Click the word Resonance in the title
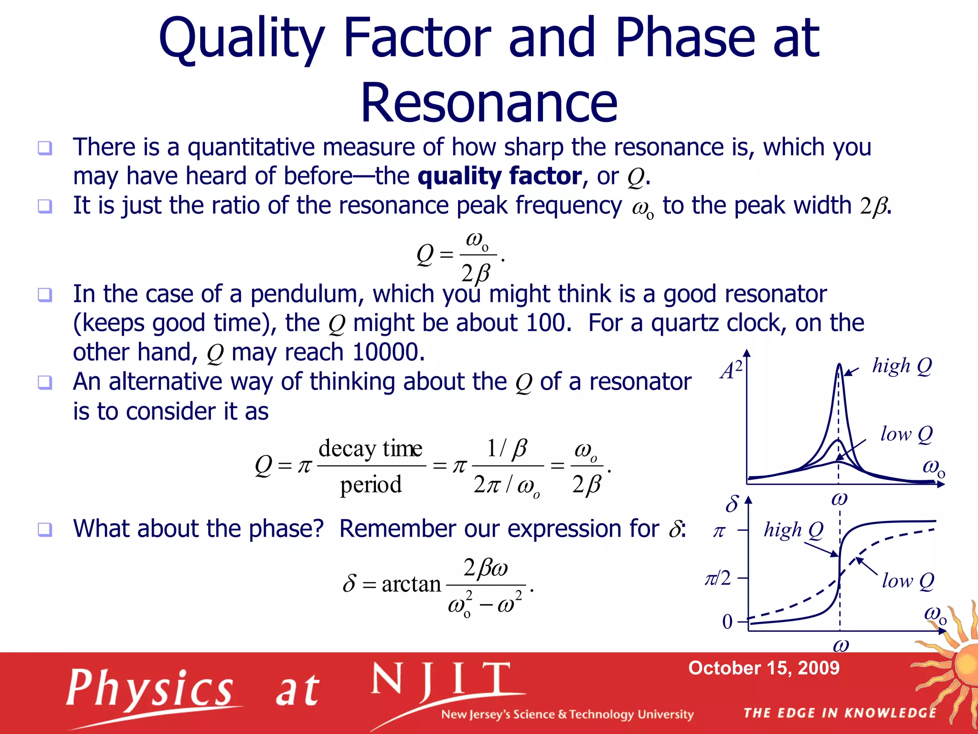pos(489,103)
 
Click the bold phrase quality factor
pos(500,176)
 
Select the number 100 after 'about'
pos(545,323)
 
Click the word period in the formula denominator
pos(371,485)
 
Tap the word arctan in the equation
pos(411,584)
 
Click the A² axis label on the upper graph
pos(731,370)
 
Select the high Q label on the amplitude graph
pos(902,366)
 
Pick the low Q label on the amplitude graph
pos(906,434)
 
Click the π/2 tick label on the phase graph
pos(718,579)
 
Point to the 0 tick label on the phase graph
pos(727,622)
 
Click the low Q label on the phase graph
pos(907,581)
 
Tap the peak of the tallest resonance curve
pos(839,366)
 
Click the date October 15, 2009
pos(764,668)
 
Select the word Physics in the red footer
pos(149,689)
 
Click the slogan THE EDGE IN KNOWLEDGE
pos(840,713)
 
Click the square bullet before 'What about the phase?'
pos(45,529)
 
